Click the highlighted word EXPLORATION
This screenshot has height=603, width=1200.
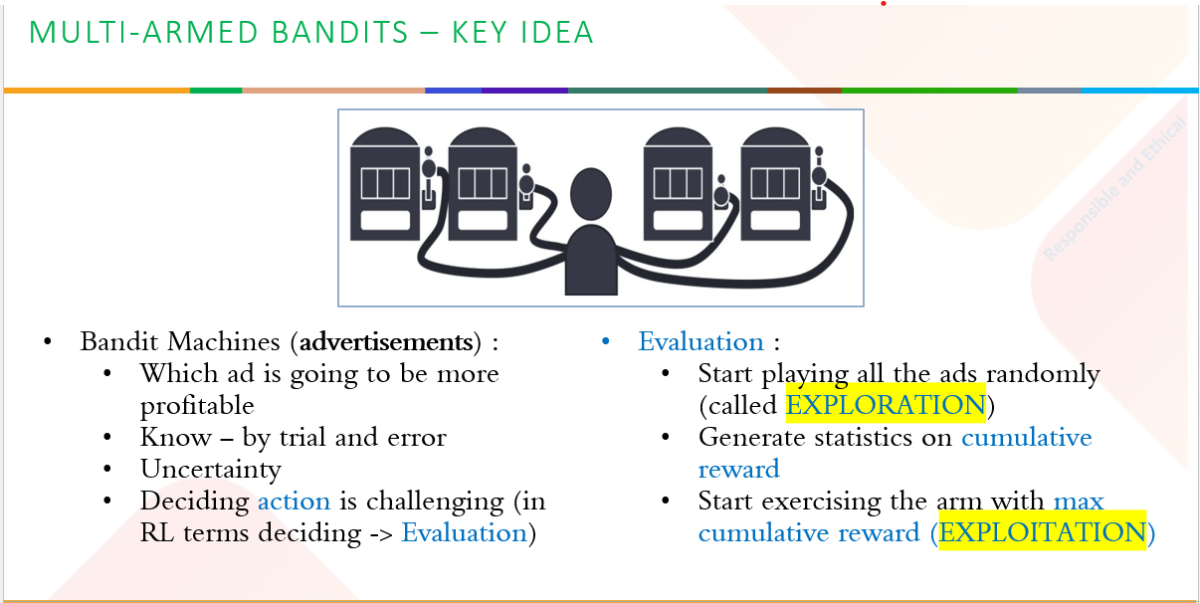(886, 405)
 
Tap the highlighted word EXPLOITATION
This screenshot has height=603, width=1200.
(1043, 532)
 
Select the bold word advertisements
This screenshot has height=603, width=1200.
(386, 341)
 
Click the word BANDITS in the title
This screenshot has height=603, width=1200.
(340, 32)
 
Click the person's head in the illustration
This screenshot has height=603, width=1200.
(591, 194)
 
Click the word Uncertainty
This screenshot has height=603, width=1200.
(211, 470)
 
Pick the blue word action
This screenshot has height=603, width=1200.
(295, 502)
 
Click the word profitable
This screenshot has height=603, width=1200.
(197, 406)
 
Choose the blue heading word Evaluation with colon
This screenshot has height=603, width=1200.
(708, 341)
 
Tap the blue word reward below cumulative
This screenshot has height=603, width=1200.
(738, 470)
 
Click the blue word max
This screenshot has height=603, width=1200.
(1079, 502)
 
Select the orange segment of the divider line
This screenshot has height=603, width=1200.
(97, 91)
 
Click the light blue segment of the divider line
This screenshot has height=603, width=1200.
(1140, 91)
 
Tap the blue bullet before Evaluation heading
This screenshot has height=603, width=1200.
(606, 341)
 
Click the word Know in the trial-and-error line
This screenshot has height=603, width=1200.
(176, 438)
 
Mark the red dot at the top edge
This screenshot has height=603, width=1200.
(884, 3)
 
